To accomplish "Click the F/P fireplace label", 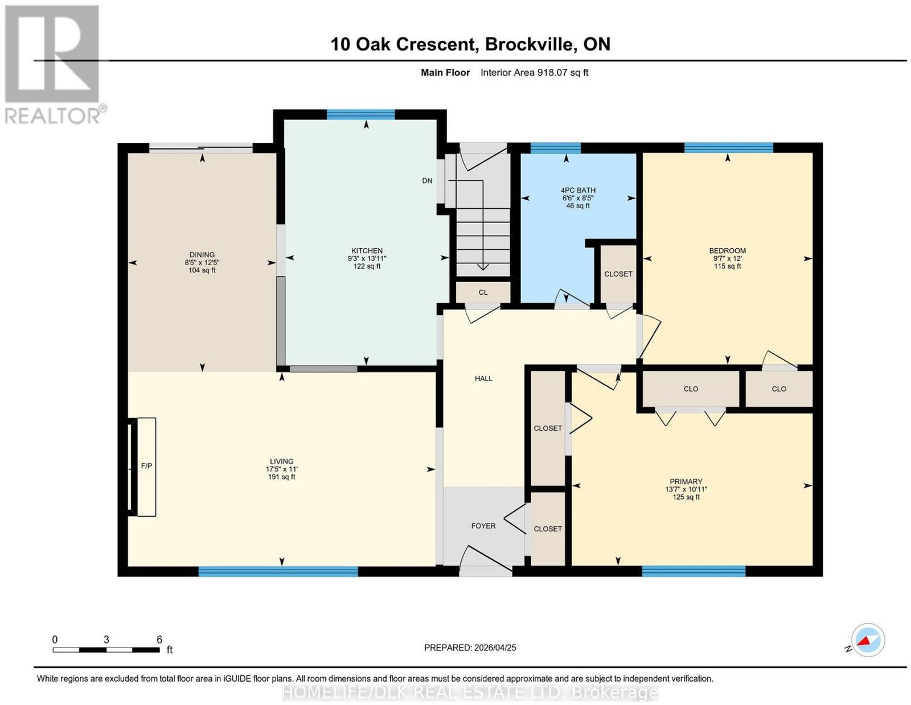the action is [146, 466].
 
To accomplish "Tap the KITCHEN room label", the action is [367, 251].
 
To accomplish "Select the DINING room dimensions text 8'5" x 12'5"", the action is [202, 263].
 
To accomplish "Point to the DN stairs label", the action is [427, 181].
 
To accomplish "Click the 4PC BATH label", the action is [578, 190].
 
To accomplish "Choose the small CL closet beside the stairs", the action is [483, 292].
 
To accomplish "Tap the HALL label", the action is [483, 379].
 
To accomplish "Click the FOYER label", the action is [483, 526].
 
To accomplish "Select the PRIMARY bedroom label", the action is [686, 482].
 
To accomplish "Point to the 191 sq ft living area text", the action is [282, 477].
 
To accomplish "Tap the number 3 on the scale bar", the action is [106, 640].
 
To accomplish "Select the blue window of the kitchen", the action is [360, 114].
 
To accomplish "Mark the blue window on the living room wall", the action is [278, 571].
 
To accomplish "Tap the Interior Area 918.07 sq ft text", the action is [535, 72].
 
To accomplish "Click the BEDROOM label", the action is [727, 251].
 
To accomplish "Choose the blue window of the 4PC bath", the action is [556, 148].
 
